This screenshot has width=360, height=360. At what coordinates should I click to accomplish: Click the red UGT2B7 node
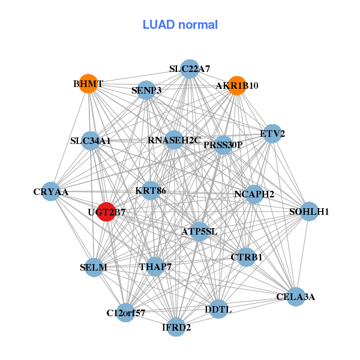tap(106, 212)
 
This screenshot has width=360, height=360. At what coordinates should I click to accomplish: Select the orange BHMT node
tap(88, 84)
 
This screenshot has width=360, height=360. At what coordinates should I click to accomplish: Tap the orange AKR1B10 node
tap(237, 86)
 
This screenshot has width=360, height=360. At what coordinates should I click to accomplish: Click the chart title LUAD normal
tap(180, 25)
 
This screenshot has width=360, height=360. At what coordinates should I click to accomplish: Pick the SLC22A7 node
tap(190, 69)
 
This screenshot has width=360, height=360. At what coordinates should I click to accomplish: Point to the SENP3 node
tap(146, 90)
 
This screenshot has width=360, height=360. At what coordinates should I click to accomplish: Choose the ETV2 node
tap(272, 134)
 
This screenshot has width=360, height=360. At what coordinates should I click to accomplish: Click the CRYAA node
tap(51, 191)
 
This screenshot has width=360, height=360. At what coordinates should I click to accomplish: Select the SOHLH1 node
tap(309, 211)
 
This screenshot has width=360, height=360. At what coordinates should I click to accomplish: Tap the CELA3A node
tap(296, 296)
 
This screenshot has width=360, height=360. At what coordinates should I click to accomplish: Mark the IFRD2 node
tap(176, 327)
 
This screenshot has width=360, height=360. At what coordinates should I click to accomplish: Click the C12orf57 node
tap(125, 313)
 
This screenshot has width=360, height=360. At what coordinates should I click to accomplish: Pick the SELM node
tap(94, 267)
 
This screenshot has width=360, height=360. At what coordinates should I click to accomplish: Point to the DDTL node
tap(218, 309)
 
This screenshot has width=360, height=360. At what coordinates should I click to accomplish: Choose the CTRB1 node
tap(247, 257)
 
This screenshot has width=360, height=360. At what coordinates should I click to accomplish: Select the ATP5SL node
tap(199, 232)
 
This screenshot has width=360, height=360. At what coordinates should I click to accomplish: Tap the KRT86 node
tap(151, 191)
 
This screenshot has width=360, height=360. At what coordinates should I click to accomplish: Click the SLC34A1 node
tap(91, 141)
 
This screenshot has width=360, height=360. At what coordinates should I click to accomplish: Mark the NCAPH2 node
tap(254, 194)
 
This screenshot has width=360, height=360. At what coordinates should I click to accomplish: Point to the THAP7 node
tap(155, 266)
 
